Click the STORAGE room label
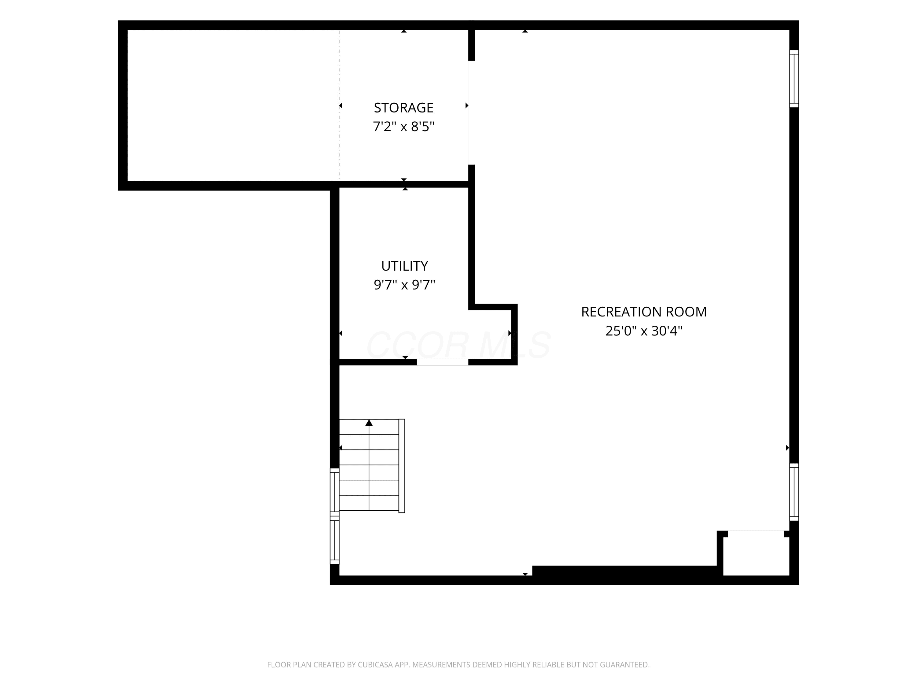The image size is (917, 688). click(403, 108)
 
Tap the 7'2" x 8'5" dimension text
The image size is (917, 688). click(403, 127)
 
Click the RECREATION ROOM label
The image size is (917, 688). click(644, 312)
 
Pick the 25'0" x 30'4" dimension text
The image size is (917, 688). click(644, 331)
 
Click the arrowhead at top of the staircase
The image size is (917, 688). click(369, 423)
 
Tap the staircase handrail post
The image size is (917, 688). click(402, 466)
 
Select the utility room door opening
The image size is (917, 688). click(442, 362)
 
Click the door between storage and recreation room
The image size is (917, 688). click(471, 113)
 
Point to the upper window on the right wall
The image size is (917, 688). click(794, 79)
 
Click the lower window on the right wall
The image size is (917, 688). click(794, 492)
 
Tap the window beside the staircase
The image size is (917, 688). click(334, 516)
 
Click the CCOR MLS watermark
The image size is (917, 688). click(458, 345)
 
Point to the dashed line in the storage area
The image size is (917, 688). click(339, 105)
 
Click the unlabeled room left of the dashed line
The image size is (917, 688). click(233, 105)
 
